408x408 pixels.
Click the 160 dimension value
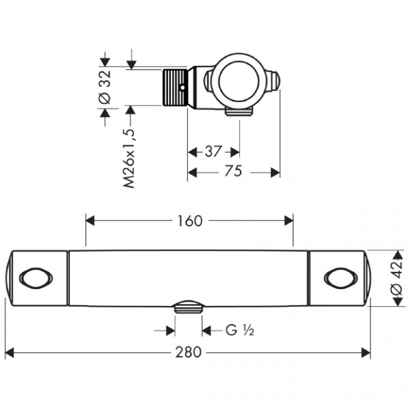(x=190, y=221)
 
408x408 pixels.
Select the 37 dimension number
(x=212, y=150)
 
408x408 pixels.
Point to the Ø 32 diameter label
(x=105, y=88)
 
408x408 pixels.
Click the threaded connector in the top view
(x=175, y=88)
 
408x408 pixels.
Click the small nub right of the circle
(x=273, y=80)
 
